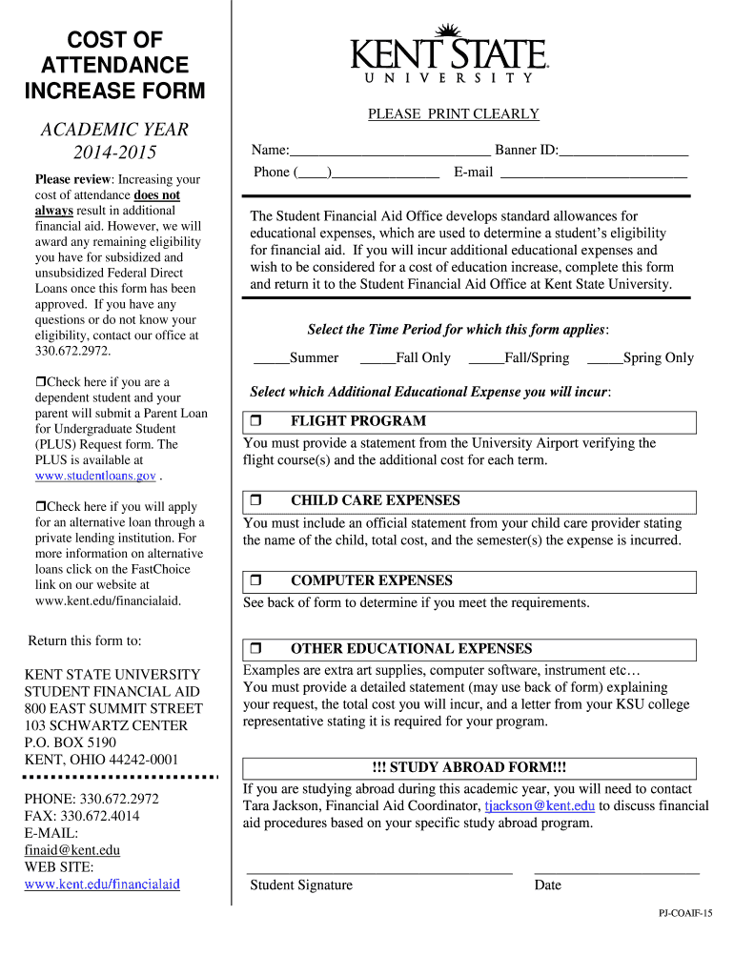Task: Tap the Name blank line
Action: [389, 151]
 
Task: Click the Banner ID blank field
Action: [623, 151]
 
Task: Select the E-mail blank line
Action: [593, 173]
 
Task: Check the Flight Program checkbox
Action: [255, 421]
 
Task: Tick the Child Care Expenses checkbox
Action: [255, 500]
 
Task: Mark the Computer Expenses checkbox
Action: [255, 580]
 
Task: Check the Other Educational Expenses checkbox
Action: [255, 649]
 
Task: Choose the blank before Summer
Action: [271, 359]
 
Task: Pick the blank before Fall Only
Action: [377, 359]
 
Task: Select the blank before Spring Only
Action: [604, 359]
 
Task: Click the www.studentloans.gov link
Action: [95, 476]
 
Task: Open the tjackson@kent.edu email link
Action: [540, 805]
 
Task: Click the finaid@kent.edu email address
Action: [72, 850]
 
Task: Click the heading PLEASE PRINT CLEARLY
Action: [454, 114]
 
